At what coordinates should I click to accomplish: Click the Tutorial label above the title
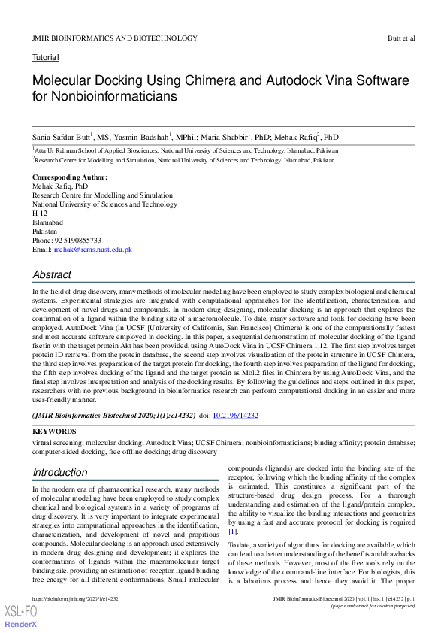(x=45, y=58)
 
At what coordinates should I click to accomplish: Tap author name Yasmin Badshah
(x=143, y=137)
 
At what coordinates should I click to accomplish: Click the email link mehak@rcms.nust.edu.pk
(x=92, y=249)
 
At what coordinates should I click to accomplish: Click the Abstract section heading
(x=52, y=275)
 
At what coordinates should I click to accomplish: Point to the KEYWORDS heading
(x=54, y=432)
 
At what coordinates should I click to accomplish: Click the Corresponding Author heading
(x=70, y=177)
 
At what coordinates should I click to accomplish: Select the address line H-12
(x=40, y=213)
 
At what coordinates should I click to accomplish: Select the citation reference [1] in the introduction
(x=232, y=532)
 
